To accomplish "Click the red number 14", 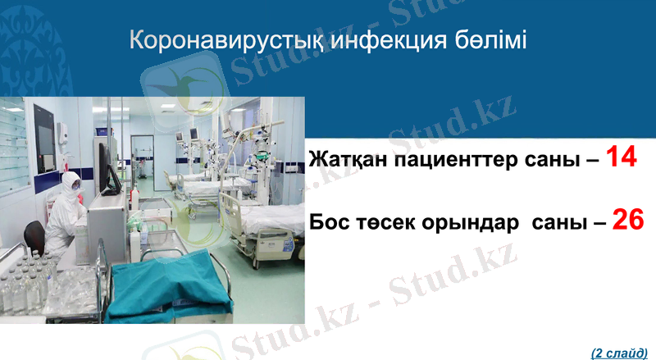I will pos(622,157).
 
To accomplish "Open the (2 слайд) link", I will pos(619,352).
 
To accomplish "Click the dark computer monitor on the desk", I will pos(102,164).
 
